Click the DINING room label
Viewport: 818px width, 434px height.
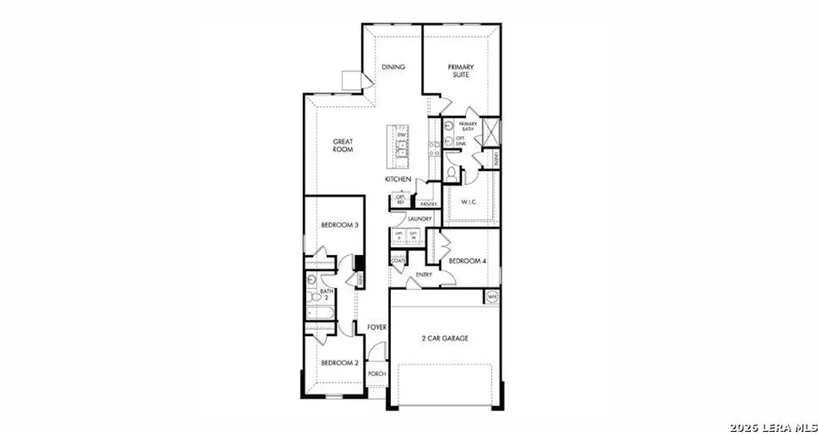394,67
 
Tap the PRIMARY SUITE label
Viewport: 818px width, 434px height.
460,70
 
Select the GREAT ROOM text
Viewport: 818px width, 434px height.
343,145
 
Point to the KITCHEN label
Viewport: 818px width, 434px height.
398,179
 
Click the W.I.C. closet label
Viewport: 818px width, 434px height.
469,202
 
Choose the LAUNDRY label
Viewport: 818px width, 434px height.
420,218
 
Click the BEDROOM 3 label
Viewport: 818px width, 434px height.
340,226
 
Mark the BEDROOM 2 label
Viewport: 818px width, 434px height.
340,363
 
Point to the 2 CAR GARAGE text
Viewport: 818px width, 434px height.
445,339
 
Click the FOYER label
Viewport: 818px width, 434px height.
376,328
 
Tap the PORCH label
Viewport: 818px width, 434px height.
376,374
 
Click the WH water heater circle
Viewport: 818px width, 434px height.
492,297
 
